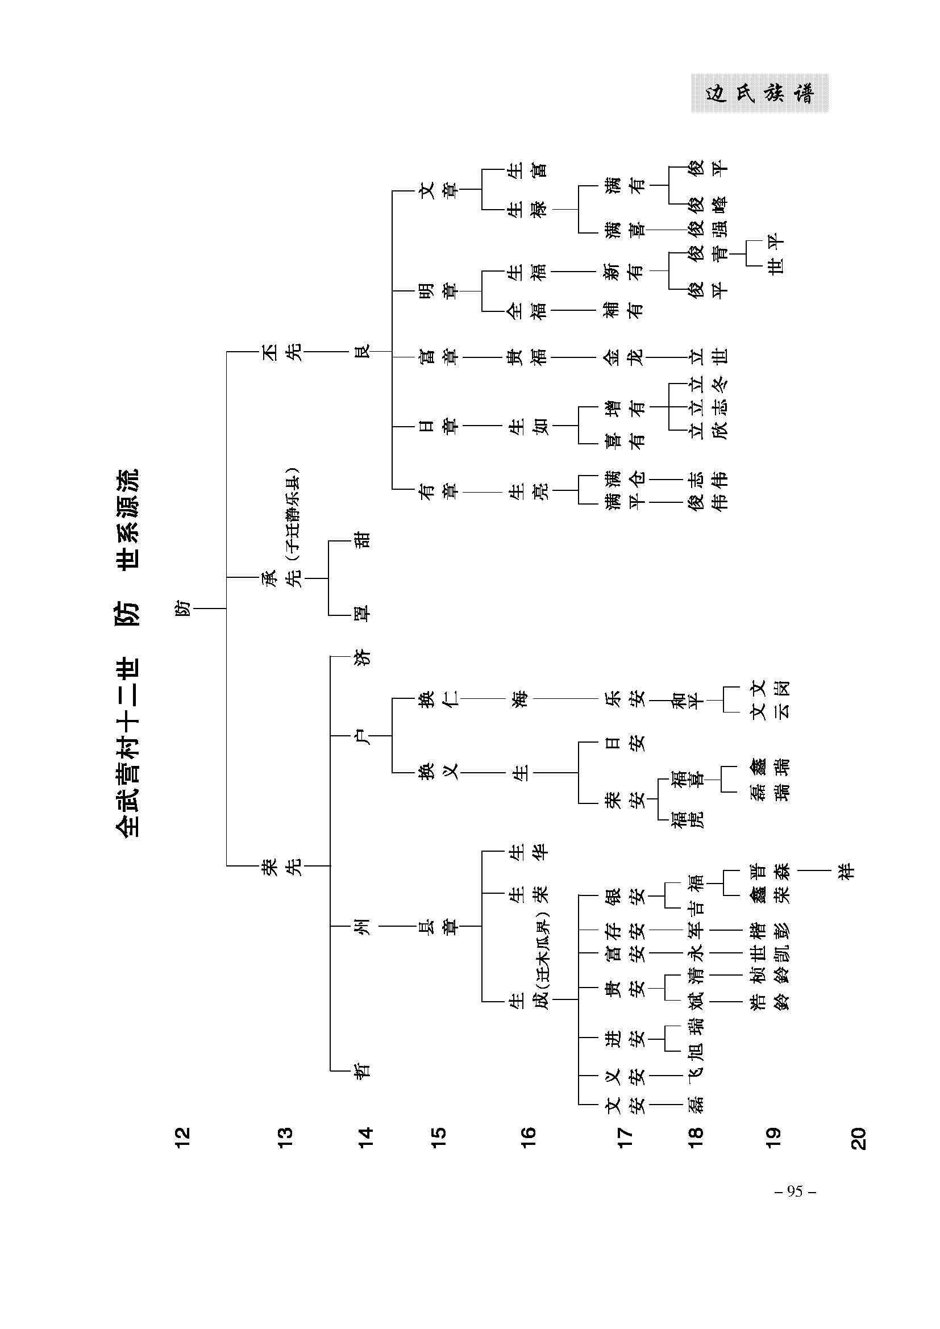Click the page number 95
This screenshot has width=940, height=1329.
(x=795, y=1191)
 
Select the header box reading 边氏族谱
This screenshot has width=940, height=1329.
(x=759, y=93)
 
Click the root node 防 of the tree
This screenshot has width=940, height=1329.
(x=182, y=609)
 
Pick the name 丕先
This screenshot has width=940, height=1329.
(x=282, y=352)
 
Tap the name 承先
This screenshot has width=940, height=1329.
(x=282, y=578)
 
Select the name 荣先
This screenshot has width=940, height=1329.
(x=282, y=866)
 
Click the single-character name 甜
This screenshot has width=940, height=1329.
(x=363, y=540)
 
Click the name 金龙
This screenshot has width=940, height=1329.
(x=624, y=357)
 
